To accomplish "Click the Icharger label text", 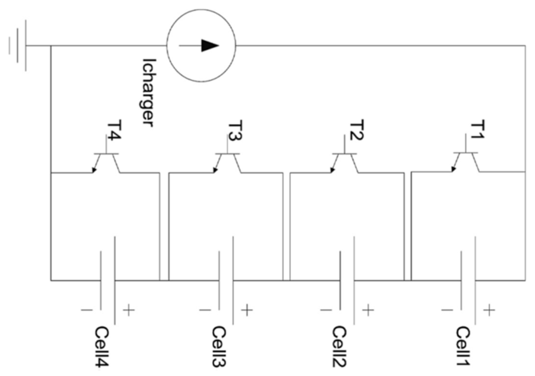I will (148, 92).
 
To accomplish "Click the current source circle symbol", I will (201, 45).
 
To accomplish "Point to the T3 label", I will (235, 131).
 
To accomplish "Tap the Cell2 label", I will (340, 347).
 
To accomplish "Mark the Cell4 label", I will (102, 347).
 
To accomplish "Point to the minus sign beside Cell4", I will (87, 310).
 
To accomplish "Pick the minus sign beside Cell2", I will (326, 310).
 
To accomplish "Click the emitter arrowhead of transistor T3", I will (215, 170).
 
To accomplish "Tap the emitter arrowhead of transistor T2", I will (332, 170).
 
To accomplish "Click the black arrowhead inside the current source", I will (209, 45).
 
